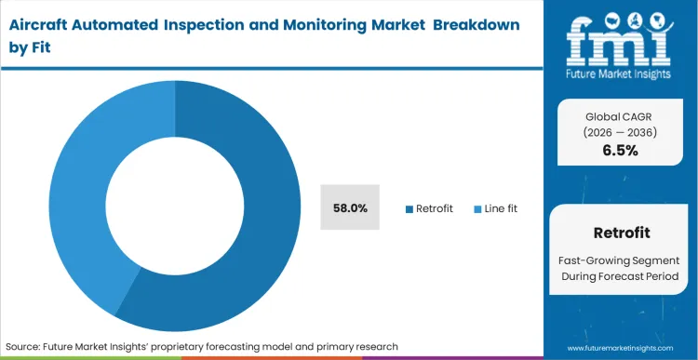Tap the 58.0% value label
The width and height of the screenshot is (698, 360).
[349, 208]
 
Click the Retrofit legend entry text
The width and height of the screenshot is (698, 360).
[435, 208]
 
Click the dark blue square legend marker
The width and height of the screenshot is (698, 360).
[409, 208]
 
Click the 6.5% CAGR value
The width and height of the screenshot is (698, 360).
[620, 151]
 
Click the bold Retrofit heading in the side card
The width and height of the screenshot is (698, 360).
[620, 233]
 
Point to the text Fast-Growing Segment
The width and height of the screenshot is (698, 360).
[620, 261]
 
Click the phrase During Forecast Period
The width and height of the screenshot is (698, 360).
[620, 278]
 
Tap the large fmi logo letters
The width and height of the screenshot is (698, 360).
[620, 37]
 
